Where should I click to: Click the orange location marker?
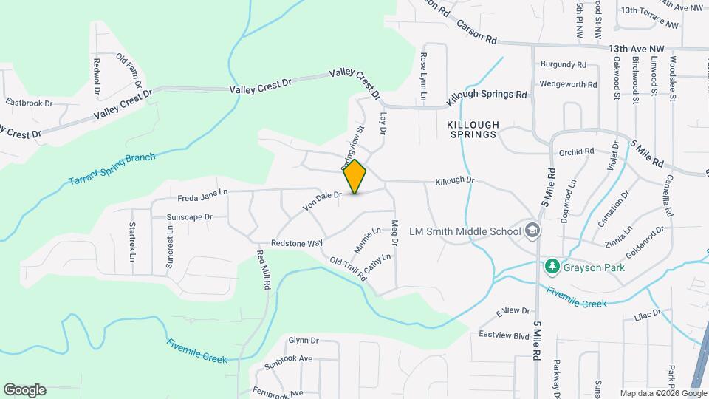point(354,177)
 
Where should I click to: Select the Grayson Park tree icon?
point(551,266)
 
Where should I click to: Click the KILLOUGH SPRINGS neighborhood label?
point(473,130)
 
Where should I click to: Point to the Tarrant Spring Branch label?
point(112,169)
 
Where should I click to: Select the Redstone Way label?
point(297,242)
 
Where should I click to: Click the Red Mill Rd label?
point(264,270)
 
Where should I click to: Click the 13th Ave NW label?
point(637,49)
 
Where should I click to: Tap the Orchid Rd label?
point(577,152)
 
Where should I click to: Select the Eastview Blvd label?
point(504,335)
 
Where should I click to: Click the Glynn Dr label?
point(303,341)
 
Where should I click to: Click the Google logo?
point(25,390)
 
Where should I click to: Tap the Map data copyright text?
point(662,393)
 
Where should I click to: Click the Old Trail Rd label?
point(348,271)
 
